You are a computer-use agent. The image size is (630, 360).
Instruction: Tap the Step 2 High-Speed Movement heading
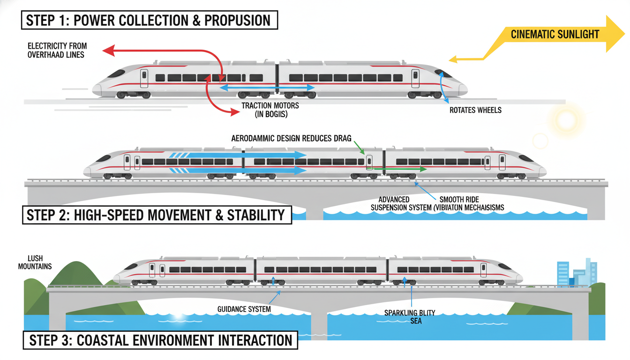[157, 215]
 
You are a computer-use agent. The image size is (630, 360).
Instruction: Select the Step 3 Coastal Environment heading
[159, 340]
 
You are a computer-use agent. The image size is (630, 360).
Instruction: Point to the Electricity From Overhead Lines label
[57, 50]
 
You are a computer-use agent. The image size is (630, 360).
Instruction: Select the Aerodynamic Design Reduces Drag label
[291, 139]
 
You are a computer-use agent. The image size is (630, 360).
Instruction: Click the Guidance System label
[244, 309]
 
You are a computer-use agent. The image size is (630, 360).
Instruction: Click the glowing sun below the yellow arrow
[566, 120]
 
